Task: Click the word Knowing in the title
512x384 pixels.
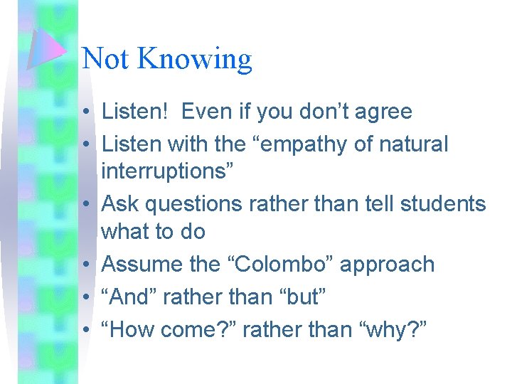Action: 195,59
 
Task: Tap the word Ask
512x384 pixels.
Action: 122,204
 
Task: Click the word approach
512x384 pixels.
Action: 387,265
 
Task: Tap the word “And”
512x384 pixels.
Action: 129,297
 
